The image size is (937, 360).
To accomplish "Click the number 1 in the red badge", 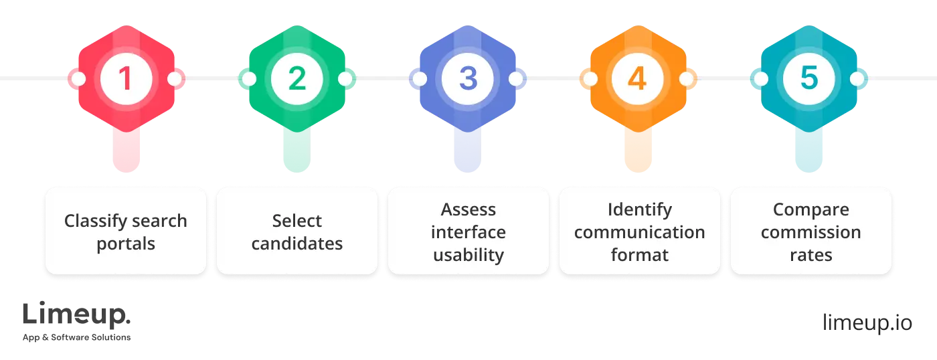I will [126, 79].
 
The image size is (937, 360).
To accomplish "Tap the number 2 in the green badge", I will [296, 79].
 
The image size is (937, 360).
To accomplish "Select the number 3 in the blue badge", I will [468, 79].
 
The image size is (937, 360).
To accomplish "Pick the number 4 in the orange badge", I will [638, 79].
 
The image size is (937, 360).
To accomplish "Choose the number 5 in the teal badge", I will [809, 79].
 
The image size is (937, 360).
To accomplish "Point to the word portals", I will [126, 244].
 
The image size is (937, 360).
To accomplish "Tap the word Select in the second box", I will [297, 221].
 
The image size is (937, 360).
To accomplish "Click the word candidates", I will [297, 244].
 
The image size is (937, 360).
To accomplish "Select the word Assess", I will [468, 209].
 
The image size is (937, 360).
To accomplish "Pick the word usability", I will [468, 255].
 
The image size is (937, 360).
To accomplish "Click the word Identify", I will [640, 209].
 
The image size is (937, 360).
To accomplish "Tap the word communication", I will [640, 232].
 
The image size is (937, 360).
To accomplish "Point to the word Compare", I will [811, 209].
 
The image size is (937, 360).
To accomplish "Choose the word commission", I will [811, 232].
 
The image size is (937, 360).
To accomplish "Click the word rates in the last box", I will [811, 255].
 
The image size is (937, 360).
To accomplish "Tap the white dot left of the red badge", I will [78, 79].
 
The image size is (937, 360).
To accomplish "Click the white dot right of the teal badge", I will [857, 79].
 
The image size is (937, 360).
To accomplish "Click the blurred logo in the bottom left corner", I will [77, 321].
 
